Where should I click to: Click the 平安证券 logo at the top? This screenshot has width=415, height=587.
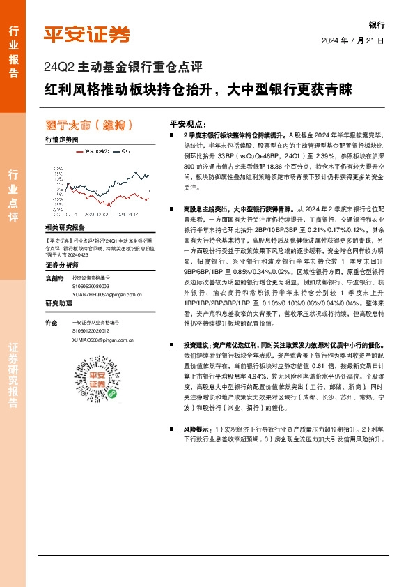[x=86, y=33]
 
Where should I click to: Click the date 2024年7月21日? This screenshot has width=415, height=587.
[x=353, y=40]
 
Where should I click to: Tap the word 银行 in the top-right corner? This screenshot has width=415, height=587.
[x=376, y=24]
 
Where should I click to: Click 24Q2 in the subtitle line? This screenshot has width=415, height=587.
[x=56, y=68]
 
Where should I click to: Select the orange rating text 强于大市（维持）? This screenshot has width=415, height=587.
[x=88, y=125]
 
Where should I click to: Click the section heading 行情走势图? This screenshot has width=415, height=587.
[x=61, y=140]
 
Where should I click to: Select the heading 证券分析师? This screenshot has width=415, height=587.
[x=61, y=266]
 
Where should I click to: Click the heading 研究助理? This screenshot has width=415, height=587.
[x=58, y=303]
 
